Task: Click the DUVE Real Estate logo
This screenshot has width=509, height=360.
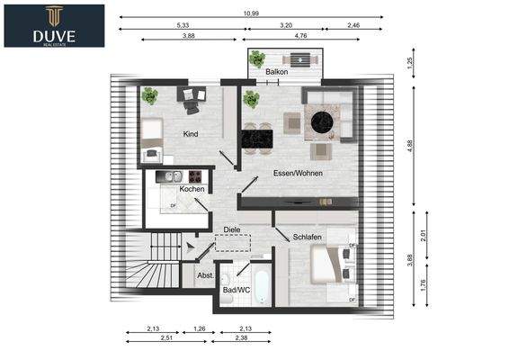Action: click(x=54, y=26)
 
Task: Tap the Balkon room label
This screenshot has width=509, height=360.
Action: click(x=277, y=72)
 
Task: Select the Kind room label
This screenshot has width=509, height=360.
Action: click(x=191, y=134)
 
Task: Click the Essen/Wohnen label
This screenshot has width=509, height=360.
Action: click(x=298, y=173)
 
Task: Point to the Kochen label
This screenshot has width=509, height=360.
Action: click(x=192, y=189)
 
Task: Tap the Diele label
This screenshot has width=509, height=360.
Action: click(x=232, y=229)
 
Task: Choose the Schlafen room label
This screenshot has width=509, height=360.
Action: click(x=307, y=237)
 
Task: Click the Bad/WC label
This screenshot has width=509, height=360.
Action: click(x=237, y=290)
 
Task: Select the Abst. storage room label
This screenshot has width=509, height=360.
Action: click(x=205, y=275)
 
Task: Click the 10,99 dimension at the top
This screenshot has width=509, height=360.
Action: click(x=251, y=13)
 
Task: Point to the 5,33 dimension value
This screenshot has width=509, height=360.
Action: click(x=183, y=25)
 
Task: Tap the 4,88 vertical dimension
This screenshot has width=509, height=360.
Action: click(x=410, y=146)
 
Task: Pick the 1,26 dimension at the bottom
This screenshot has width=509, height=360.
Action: click(x=200, y=328)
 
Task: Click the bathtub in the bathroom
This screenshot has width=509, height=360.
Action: click(x=262, y=286)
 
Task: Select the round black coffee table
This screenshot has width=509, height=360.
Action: click(x=322, y=122)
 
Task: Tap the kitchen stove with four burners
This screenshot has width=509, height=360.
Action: click(x=195, y=176)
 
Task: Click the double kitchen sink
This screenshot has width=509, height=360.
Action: click(x=173, y=176)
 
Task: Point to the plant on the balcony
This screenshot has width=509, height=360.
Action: click(x=257, y=58)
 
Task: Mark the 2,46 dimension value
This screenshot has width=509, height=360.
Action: click(x=353, y=25)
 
